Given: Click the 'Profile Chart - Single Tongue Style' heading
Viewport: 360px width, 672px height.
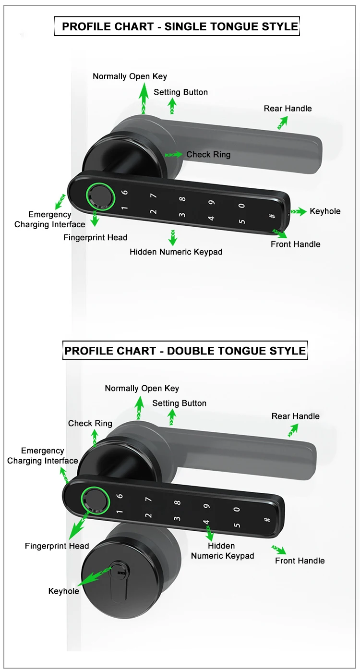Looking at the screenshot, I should point(180,26).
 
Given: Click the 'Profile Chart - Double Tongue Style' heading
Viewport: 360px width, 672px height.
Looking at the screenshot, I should point(185,351).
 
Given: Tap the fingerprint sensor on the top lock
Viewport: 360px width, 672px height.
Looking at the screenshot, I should point(100,195).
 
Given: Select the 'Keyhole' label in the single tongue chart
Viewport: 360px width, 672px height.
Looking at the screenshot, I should point(325,211).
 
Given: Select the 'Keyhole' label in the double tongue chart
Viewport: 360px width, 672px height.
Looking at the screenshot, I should point(63,591).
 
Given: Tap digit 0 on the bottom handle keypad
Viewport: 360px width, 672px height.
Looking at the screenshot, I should point(236,510).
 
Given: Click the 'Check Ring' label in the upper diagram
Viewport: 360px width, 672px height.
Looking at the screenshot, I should point(208,155).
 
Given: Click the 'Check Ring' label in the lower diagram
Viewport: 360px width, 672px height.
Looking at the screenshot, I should point(90,423).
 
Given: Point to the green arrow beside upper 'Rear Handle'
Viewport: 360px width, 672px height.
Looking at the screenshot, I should point(282,123).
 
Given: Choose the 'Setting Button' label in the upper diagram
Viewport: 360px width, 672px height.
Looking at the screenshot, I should point(180,92).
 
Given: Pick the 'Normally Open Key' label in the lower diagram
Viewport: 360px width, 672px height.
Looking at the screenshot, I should point(142,388).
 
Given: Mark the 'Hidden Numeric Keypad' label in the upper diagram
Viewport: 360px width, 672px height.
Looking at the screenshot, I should point(176,252).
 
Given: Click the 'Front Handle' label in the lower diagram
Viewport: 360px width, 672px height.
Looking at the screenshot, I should point(300,561).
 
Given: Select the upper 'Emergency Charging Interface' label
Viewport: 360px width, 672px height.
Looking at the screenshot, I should point(49,220).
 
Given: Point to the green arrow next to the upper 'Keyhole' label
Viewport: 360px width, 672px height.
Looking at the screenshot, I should point(298,211).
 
